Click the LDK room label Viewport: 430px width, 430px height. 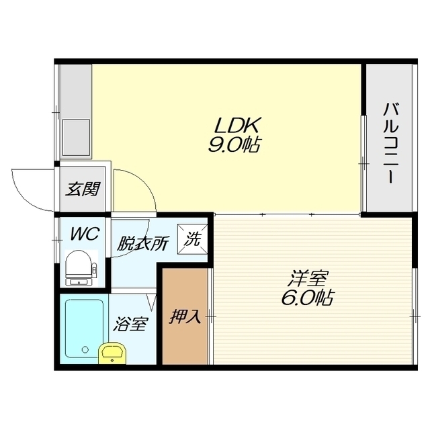pyautogui.click(x=236, y=126)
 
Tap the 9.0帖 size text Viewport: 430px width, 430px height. pyautogui.click(x=234, y=145)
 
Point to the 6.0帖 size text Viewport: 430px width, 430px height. pyautogui.click(x=307, y=298)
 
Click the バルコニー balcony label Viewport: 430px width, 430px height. pyautogui.click(x=390, y=143)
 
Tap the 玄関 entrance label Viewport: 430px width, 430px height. pyautogui.click(x=83, y=189)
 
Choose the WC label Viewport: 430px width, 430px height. pyautogui.click(x=85, y=234)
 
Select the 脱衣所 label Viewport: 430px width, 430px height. pyautogui.click(x=142, y=243)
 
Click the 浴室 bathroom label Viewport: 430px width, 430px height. pyautogui.click(x=131, y=324)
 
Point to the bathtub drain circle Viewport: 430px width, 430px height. pyautogui.click(x=85, y=349)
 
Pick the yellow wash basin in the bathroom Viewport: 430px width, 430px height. pyautogui.click(x=112, y=353)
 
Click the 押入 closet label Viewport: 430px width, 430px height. pyautogui.click(x=185, y=317)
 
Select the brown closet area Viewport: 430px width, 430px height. pyautogui.click(x=185, y=316)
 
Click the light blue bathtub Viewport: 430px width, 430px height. pyautogui.click(x=85, y=329)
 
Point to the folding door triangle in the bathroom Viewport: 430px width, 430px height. pyautogui.click(x=151, y=302)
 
